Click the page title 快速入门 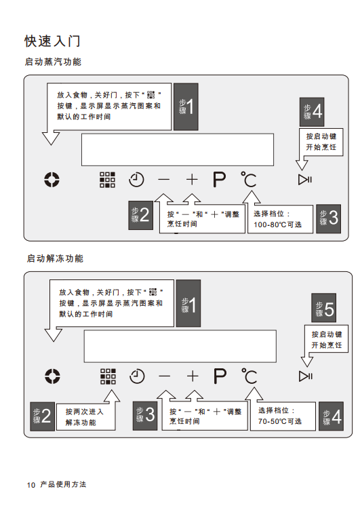point(52,41)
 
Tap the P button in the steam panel point(219,180)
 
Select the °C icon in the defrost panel point(249,376)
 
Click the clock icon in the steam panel point(136,180)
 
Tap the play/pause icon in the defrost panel point(306,376)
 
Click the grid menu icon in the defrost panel point(108,376)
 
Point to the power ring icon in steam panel point(52,180)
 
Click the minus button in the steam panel point(164,180)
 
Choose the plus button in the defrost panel point(193,376)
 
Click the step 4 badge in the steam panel point(312,112)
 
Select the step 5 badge point(324,308)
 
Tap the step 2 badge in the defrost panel point(43,416)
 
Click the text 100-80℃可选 point(277,224)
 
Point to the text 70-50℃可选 point(280,421)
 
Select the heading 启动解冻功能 point(55,258)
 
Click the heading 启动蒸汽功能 point(53,62)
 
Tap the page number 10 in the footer point(31,485)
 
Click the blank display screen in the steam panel point(178,150)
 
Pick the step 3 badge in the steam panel point(328,218)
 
